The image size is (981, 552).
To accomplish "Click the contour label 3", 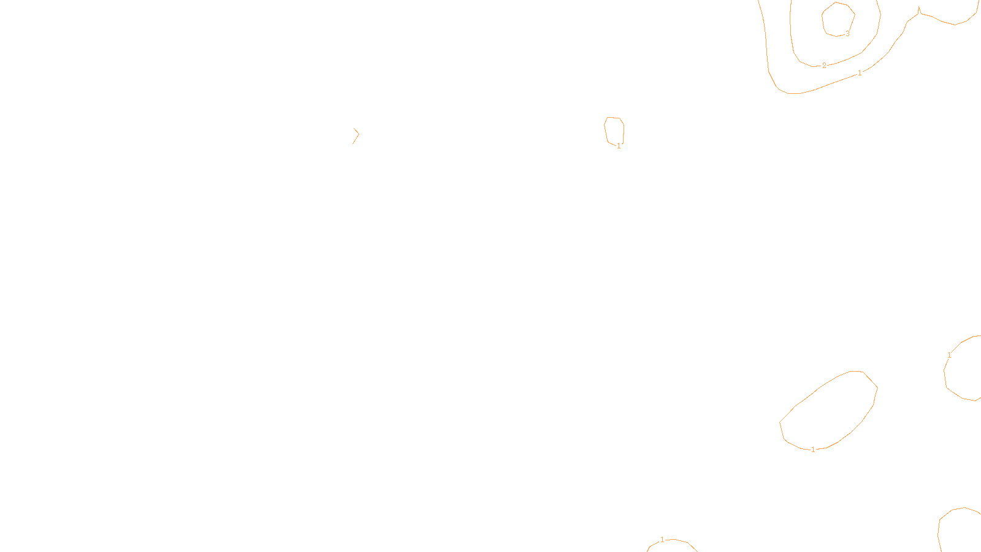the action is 847,34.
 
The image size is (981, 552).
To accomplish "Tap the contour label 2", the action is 824,65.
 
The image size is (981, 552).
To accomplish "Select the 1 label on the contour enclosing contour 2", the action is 860,73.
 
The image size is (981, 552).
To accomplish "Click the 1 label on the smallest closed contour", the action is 619,146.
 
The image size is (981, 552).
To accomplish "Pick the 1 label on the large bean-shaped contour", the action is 813,450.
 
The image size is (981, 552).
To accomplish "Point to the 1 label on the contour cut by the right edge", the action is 949,355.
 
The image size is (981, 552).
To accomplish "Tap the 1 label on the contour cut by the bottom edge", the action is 662,540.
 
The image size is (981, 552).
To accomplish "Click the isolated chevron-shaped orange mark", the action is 356,136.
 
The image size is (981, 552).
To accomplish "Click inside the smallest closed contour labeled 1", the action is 614,130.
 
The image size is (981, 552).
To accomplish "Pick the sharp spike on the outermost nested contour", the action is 918,9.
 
